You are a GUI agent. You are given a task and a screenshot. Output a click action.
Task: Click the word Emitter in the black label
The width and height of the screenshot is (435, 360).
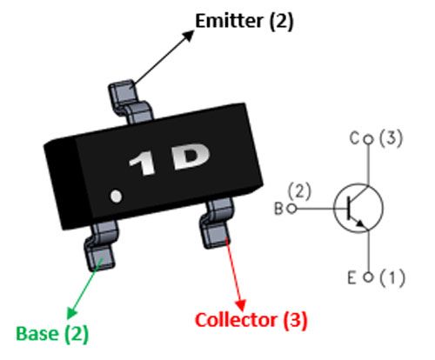229,21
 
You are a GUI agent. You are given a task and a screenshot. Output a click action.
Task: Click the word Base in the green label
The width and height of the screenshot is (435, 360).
37,333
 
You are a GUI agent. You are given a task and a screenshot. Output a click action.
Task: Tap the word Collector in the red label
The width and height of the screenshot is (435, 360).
236,320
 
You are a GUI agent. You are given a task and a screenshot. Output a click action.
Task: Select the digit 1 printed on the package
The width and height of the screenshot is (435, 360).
143,165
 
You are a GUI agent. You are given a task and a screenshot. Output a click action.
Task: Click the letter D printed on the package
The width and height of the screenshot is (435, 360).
191,157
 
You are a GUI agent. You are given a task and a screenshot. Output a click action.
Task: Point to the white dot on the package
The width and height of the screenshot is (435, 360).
117,196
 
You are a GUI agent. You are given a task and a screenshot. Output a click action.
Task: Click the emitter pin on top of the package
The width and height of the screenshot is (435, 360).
130,101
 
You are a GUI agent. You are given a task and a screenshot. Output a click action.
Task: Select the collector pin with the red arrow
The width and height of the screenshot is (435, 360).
217,223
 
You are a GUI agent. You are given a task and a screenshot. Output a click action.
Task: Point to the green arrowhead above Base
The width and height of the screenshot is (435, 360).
71,312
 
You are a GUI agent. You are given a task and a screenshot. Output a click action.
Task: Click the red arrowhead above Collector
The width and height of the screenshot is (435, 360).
241,305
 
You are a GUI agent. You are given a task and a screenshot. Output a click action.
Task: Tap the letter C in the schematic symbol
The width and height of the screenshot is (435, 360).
355,138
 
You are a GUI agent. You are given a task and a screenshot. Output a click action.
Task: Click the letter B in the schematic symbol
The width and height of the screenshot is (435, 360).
278,209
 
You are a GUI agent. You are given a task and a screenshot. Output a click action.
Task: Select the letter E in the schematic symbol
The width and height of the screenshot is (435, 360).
351,277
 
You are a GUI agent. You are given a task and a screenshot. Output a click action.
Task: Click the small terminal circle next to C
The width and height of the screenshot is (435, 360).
368,140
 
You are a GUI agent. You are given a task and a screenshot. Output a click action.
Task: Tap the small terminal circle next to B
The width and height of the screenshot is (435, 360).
291,209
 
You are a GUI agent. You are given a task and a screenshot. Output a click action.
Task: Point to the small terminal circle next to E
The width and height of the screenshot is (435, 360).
368,277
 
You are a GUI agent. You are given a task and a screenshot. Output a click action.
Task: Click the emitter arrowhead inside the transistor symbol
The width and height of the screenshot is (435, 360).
360,223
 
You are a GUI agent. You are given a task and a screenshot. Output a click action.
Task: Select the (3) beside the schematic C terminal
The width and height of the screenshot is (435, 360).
391,138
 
